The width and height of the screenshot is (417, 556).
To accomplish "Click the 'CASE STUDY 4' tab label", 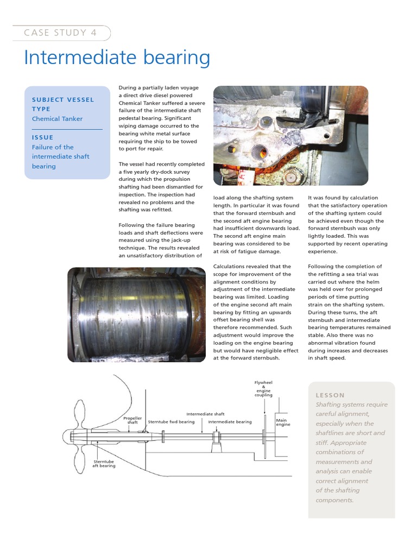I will click(60, 33).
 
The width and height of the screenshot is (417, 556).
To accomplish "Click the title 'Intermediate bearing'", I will click(117, 58).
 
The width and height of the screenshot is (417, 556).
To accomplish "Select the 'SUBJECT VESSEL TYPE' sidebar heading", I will click(62, 104).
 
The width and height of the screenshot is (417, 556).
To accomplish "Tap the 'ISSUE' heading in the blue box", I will click(42, 137).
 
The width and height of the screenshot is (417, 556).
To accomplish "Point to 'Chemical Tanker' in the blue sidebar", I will click(58, 118).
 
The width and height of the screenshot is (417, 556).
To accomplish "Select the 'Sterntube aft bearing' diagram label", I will click(104, 463).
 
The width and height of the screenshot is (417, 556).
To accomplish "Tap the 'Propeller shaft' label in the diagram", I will click(132, 420).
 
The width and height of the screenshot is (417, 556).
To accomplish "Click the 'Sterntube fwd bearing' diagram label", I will click(171, 422).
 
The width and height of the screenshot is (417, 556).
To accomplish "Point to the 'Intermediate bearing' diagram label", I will click(230, 422).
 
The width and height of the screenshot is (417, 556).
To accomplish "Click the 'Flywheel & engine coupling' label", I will click(263, 389).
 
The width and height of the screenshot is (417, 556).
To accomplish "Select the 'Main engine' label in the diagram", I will click(283, 422).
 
